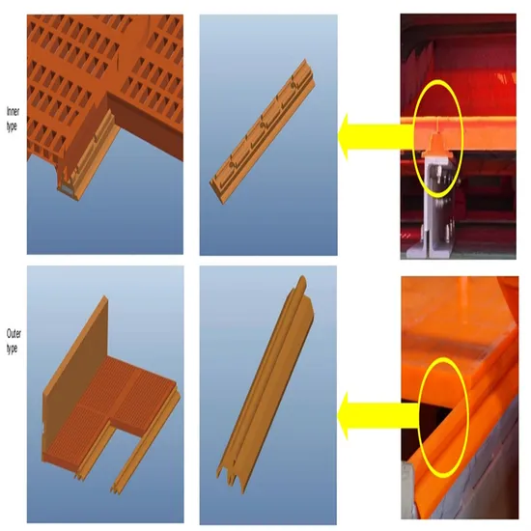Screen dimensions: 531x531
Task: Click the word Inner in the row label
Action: point(13,111)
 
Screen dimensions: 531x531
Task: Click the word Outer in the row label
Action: point(14,334)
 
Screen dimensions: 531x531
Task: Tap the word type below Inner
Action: point(12,126)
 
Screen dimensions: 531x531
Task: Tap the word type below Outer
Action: point(12,349)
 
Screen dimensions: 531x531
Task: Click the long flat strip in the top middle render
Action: point(263,131)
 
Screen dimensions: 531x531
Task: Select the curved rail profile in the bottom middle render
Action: point(265,384)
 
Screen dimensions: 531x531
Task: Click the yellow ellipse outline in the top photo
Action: point(461,138)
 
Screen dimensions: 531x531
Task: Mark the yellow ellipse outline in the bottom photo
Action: point(468,416)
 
